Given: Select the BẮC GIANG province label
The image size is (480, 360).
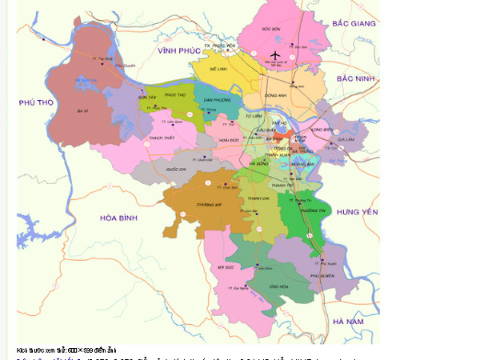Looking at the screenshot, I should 354,24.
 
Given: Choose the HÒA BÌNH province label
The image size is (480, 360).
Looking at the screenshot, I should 119,218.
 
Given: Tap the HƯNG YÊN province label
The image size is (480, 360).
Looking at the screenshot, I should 357,211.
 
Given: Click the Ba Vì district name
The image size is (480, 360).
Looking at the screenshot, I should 80,110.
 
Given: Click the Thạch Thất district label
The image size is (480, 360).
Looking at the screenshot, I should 162,138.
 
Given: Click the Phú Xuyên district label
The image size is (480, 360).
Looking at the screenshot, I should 321,275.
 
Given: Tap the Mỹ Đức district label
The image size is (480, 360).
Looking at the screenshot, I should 225,266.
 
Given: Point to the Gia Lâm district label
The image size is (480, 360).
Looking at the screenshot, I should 346,138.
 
